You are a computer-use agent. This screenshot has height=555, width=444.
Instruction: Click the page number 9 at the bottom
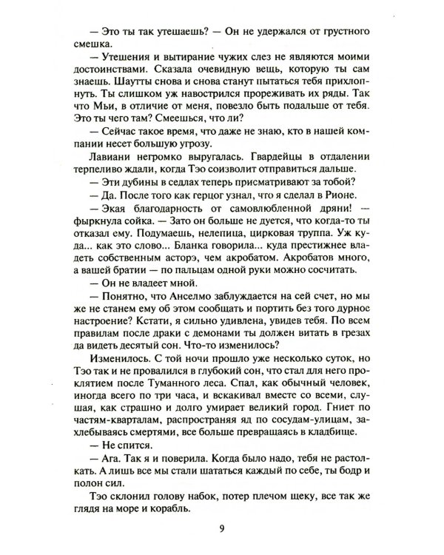tap(222, 527)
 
